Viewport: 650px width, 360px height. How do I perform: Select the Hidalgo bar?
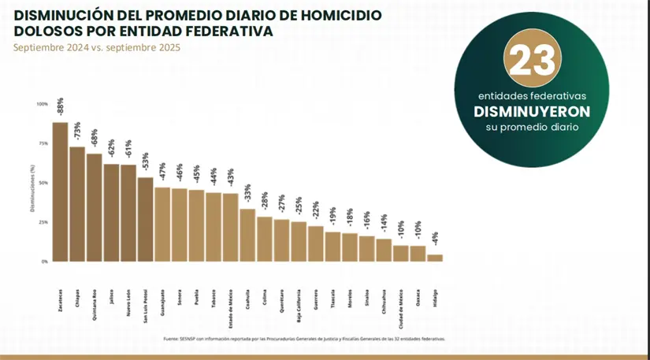tap(435, 258)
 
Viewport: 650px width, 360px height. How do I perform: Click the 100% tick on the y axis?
tap(42, 104)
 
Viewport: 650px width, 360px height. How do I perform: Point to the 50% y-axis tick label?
tap(43, 183)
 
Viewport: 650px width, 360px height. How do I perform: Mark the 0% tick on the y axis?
tap(44, 261)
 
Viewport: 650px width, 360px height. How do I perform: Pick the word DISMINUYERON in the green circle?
tap(532, 111)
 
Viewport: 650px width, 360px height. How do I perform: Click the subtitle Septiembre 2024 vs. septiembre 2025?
tap(97, 47)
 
